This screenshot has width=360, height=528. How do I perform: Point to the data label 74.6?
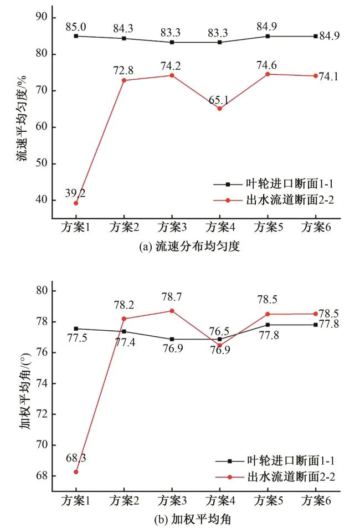[x=268, y=63]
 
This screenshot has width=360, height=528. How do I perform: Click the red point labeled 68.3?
[x=75, y=471]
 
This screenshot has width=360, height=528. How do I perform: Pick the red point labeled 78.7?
[x=172, y=311]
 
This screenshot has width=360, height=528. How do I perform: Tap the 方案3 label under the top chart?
[x=172, y=227]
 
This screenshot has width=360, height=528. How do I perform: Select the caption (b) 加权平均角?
[x=188, y=520]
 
